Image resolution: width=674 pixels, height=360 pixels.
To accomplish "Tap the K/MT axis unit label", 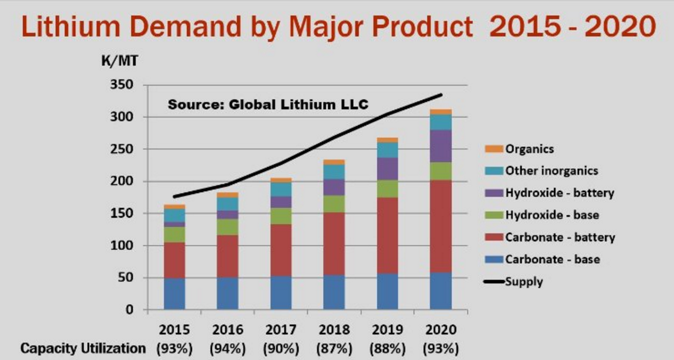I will coord(118,62).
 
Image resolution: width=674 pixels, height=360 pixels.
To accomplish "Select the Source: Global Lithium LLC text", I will coord(268,104).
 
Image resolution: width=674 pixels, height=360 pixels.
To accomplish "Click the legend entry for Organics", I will coord(529,149).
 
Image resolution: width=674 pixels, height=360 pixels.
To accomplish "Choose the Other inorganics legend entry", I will coord(551,171).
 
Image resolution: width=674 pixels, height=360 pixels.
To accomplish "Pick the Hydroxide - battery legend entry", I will coord(559,193).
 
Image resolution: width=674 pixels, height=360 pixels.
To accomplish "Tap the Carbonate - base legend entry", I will coord(552,259).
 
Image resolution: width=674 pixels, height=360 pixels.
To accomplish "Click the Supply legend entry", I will coord(524,282).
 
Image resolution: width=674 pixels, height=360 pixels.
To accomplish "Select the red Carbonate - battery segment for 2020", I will coord(441,226).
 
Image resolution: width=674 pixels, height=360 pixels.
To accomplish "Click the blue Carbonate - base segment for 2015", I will coord(174,294).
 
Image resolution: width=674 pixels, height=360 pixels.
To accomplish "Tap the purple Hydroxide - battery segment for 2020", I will coord(441,146).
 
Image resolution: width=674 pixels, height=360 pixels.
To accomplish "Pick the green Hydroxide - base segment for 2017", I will coord(281,216).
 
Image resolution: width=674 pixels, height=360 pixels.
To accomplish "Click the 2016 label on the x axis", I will coord(228,329).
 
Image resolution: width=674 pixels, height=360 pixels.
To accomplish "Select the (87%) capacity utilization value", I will coord(334,349).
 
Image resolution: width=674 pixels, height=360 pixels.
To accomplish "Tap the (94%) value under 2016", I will coord(228,349).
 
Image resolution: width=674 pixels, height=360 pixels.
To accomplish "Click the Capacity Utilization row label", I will coord(83,349).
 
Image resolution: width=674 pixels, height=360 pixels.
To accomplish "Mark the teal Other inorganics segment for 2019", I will coord(388,150).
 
